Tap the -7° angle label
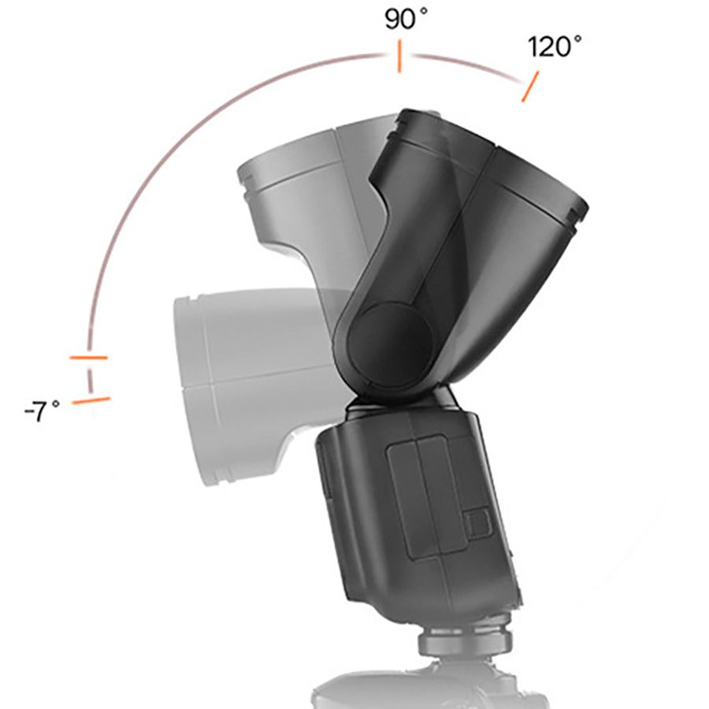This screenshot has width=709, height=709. (x=41, y=410)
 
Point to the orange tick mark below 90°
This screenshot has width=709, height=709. (x=399, y=58)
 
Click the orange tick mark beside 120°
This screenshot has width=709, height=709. (x=530, y=87)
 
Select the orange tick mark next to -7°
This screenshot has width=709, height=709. (x=91, y=401)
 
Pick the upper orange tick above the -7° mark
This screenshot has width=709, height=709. (x=88, y=358)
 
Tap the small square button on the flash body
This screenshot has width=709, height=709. (x=476, y=524)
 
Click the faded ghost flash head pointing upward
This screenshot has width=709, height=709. (x=307, y=189)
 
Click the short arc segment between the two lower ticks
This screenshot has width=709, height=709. (x=90, y=380)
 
